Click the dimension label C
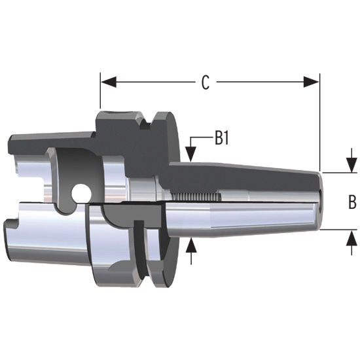point(205,83)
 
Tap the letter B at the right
point(352,202)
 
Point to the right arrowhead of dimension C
point(312,82)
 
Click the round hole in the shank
point(81,193)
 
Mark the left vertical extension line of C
point(100,92)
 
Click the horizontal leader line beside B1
point(201,138)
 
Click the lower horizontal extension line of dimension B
point(340,229)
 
